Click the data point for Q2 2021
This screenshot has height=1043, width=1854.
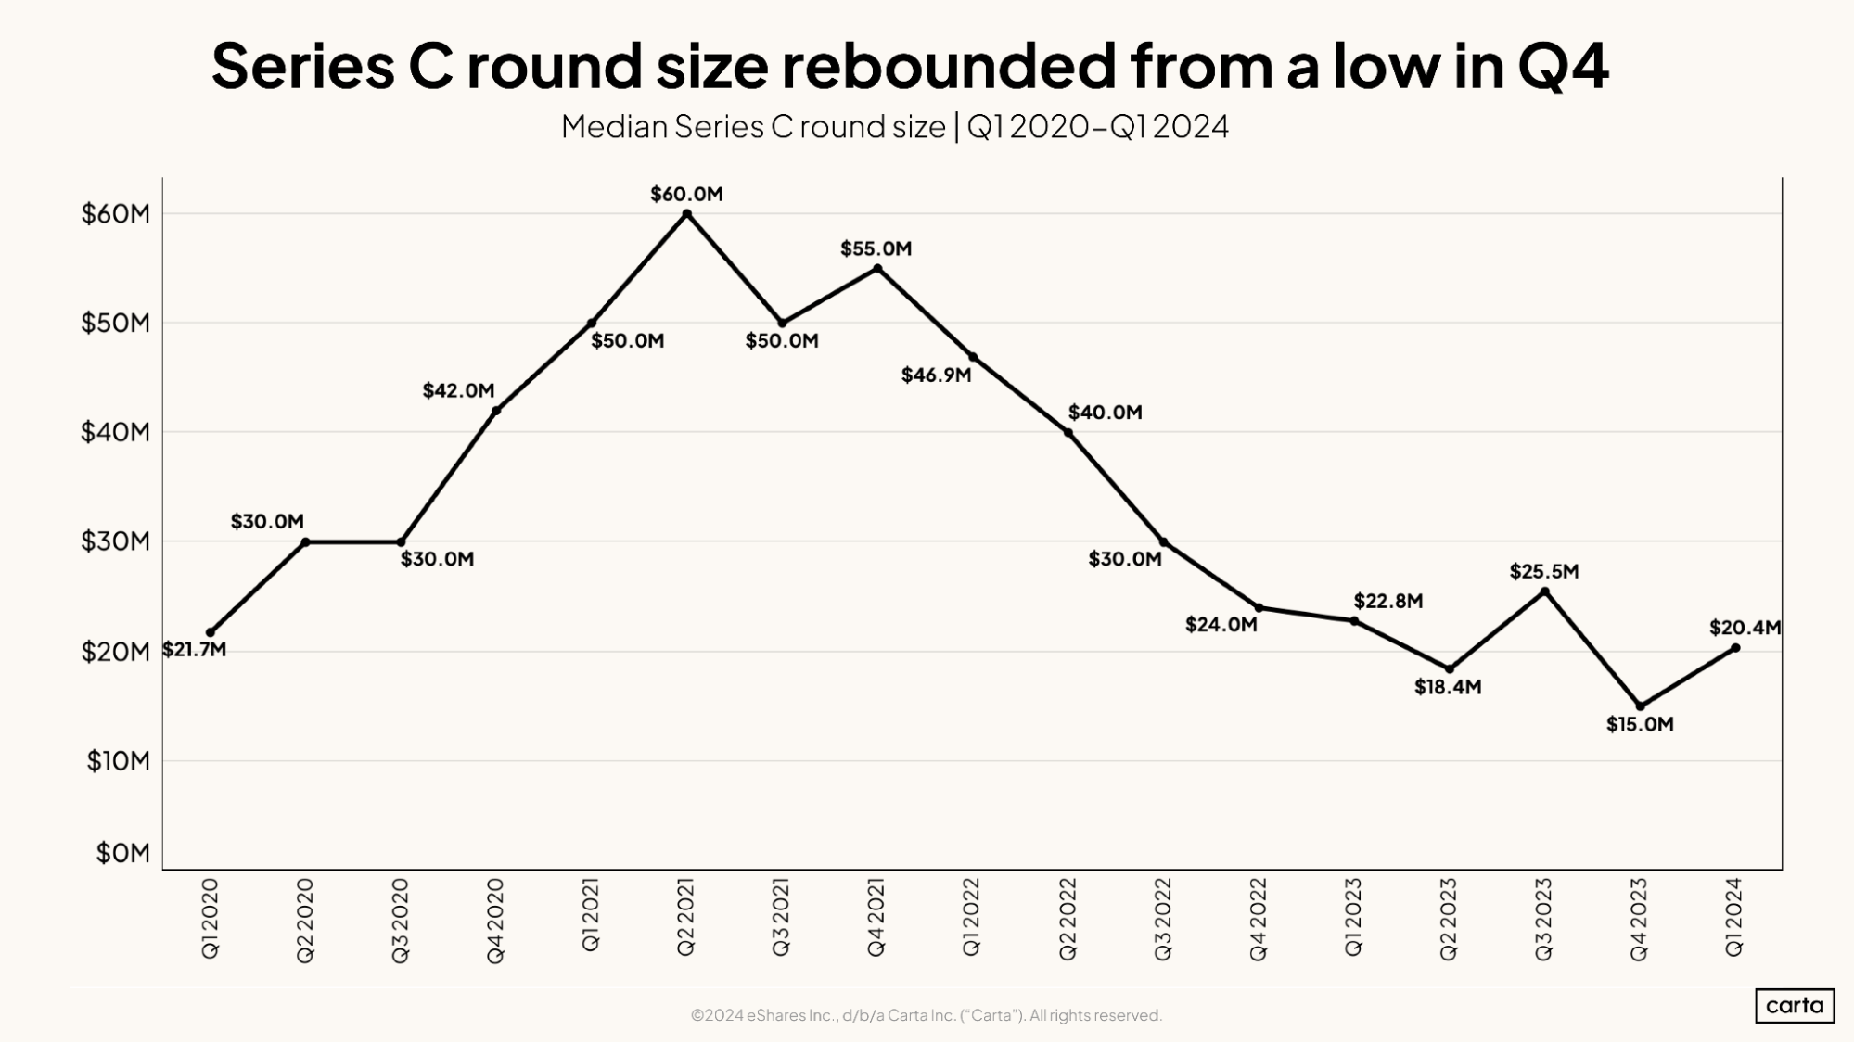click(686, 213)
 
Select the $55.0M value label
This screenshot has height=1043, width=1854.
click(876, 248)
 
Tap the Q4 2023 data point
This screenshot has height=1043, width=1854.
click(1640, 706)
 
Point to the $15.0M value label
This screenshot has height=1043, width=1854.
click(1640, 724)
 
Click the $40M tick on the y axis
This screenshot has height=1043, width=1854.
click(115, 432)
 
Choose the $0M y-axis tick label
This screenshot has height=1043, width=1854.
click(122, 853)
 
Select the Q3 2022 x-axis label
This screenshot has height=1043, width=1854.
click(1163, 920)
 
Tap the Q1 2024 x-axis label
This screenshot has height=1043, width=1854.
click(1734, 917)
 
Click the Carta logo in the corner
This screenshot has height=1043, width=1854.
click(1794, 1005)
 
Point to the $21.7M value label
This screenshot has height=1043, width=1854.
click(194, 649)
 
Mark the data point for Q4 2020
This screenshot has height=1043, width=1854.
click(496, 411)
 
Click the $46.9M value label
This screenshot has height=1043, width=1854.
click(936, 375)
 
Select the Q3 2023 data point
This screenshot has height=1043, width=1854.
click(1544, 591)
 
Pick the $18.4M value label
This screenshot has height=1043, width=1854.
click(1447, 687)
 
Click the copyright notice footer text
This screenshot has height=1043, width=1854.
click(926, 1015)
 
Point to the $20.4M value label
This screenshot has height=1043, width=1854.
click(1745, 628)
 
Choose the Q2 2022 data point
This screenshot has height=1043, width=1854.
click(1068, 432)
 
